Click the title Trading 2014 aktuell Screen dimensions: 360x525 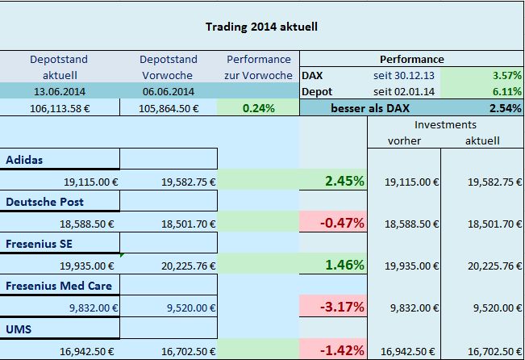261,26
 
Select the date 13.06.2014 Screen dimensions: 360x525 58,91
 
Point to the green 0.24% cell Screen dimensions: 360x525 258,107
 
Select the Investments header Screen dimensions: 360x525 445,125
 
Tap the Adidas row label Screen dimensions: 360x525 26,159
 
